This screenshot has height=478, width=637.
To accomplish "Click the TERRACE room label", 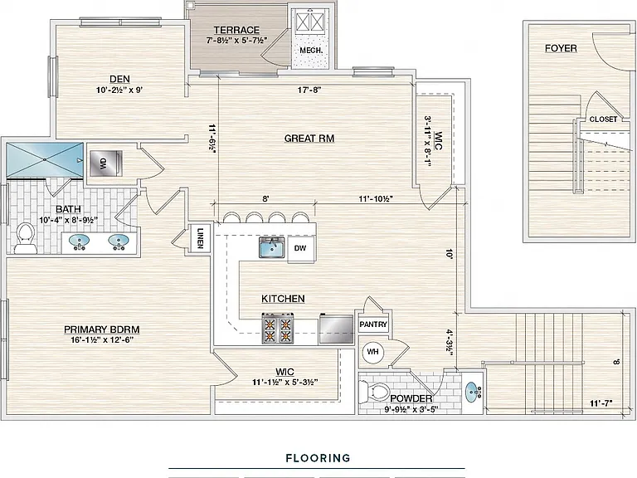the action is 236,30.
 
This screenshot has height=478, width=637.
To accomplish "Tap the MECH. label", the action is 311,51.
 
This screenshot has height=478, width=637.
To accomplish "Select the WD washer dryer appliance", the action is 105,163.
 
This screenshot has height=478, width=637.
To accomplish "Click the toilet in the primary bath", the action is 25,239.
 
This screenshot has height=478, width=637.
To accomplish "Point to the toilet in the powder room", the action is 375,392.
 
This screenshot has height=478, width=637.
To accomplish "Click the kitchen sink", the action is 273,247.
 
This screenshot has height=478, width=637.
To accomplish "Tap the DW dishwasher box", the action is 300,248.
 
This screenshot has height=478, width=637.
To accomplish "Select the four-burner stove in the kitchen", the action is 278,329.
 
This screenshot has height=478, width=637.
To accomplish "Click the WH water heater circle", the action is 373,351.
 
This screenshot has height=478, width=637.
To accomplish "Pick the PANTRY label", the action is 373,324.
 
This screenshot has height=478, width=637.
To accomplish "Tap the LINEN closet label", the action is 200,237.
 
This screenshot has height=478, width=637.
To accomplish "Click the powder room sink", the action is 473,393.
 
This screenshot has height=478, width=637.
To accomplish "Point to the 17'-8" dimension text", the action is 309,90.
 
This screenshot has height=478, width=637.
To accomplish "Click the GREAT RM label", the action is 309,139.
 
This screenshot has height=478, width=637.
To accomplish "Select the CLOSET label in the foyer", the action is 603,119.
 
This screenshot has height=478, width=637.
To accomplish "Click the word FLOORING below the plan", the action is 318,458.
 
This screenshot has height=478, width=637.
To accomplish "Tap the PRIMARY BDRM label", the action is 102,329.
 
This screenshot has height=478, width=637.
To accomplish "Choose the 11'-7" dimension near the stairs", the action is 601,403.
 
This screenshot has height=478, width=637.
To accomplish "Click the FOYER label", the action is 561,48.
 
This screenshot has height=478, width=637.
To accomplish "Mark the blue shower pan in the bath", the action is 45,160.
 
